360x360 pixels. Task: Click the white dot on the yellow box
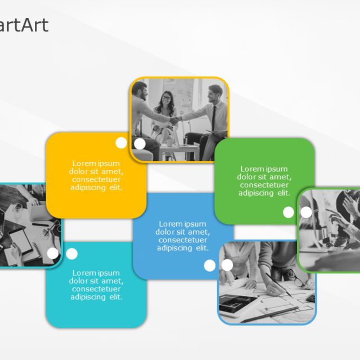(x=121, y=143)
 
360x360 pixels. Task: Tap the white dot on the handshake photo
(x=139, y=144)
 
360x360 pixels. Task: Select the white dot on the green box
(x=288, y=212)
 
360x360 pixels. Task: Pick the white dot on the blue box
(x=210, y=265)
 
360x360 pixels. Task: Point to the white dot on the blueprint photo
(x=227, y=265)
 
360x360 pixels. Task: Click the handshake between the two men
(x=174, y=120)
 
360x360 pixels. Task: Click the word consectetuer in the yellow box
(x=96, y=179)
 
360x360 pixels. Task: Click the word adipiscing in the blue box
(x=175, y=248)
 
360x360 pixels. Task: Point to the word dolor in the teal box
(x=79, y=281)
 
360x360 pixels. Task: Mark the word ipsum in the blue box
(x=194, y=224)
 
